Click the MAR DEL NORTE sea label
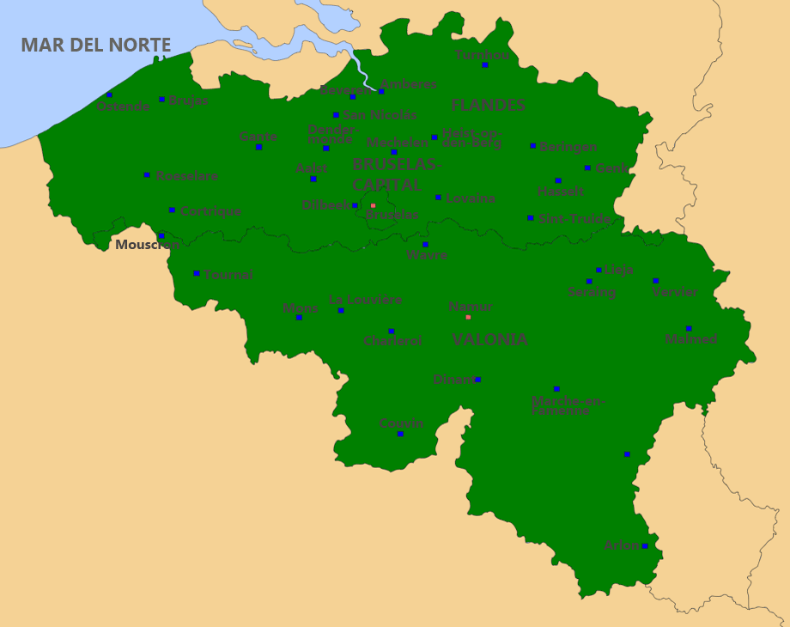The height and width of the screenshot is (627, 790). click(96, 46)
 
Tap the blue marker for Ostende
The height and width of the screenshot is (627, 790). click(109, 94)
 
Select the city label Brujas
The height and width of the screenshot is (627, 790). click(188, 100)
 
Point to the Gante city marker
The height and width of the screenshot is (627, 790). click(258, 147)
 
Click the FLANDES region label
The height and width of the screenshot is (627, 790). click(488, 106)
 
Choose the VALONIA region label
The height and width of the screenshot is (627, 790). click(489, 340)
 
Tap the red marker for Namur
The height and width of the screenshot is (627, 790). click(468, 317)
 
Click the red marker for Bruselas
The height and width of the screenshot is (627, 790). click(373, 205)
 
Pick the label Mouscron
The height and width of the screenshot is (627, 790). click(148, 245)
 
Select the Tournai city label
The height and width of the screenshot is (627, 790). click(228, 275)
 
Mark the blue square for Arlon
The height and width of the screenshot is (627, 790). click(645, 545)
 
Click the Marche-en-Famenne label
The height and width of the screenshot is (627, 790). click(568, 405)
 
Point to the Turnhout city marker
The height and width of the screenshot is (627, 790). click(484, 64)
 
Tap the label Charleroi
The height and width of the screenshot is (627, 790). click(392, 341)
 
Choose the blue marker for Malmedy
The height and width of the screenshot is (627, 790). click(689, 328)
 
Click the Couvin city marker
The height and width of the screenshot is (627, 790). click(400, 434)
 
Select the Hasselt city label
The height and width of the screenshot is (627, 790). click(561, 192)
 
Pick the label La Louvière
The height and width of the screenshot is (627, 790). click(366, 300)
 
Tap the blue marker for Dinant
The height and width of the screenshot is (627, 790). click(477, 379)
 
